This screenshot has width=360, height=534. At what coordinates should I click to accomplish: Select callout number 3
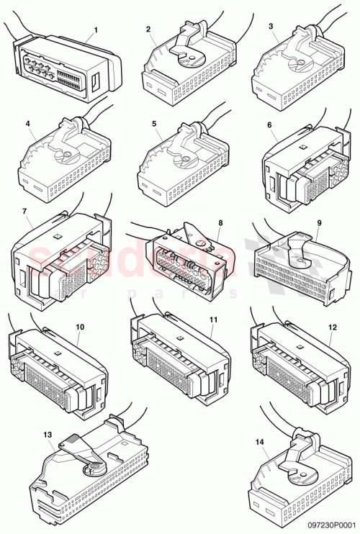pos(270,27)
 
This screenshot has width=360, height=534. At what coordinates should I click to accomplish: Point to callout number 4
pos(27,124)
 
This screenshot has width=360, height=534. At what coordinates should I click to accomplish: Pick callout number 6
pos(269,125)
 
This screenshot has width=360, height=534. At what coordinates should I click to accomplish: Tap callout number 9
pos(299,222)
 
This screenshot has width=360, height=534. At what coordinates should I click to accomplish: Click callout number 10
pos(79,326)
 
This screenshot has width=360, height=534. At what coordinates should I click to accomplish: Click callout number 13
pos(48,435)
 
